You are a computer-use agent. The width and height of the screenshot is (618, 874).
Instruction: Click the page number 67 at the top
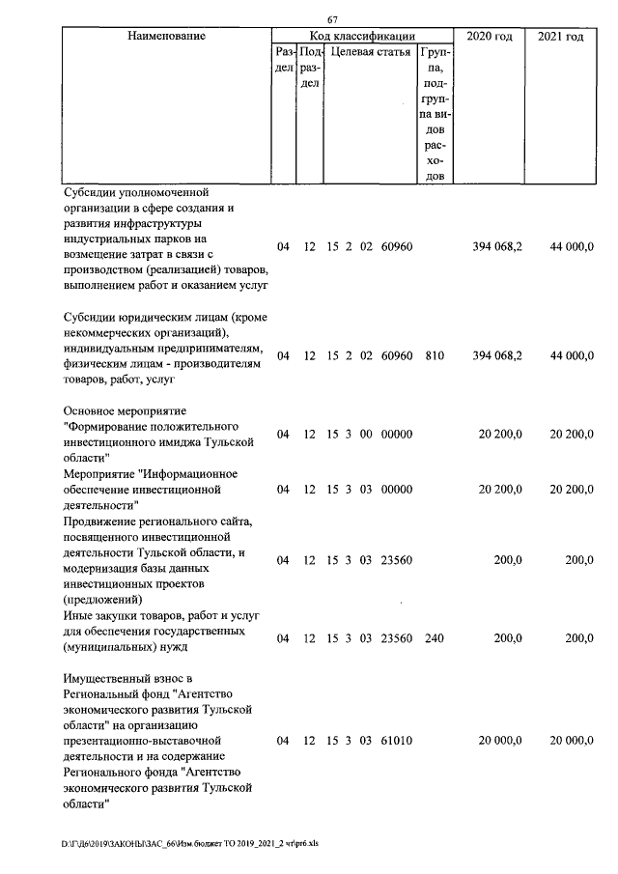[332, 21]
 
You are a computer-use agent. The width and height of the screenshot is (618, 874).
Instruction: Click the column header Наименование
[167, 37]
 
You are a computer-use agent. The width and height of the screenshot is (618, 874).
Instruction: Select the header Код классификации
[362, 37]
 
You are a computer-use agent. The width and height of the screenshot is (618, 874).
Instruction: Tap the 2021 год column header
[560, 37]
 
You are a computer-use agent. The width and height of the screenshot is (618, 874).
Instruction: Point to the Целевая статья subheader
[370, 52]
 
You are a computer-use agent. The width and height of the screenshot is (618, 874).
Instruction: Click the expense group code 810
[434, 356]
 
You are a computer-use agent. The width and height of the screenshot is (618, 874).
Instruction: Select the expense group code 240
[434, 638]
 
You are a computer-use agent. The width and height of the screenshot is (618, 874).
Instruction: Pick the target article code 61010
[396, 741]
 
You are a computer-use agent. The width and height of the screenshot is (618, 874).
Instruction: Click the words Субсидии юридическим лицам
[138, 318]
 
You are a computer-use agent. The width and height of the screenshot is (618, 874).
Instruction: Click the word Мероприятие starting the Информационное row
[99, 474]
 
